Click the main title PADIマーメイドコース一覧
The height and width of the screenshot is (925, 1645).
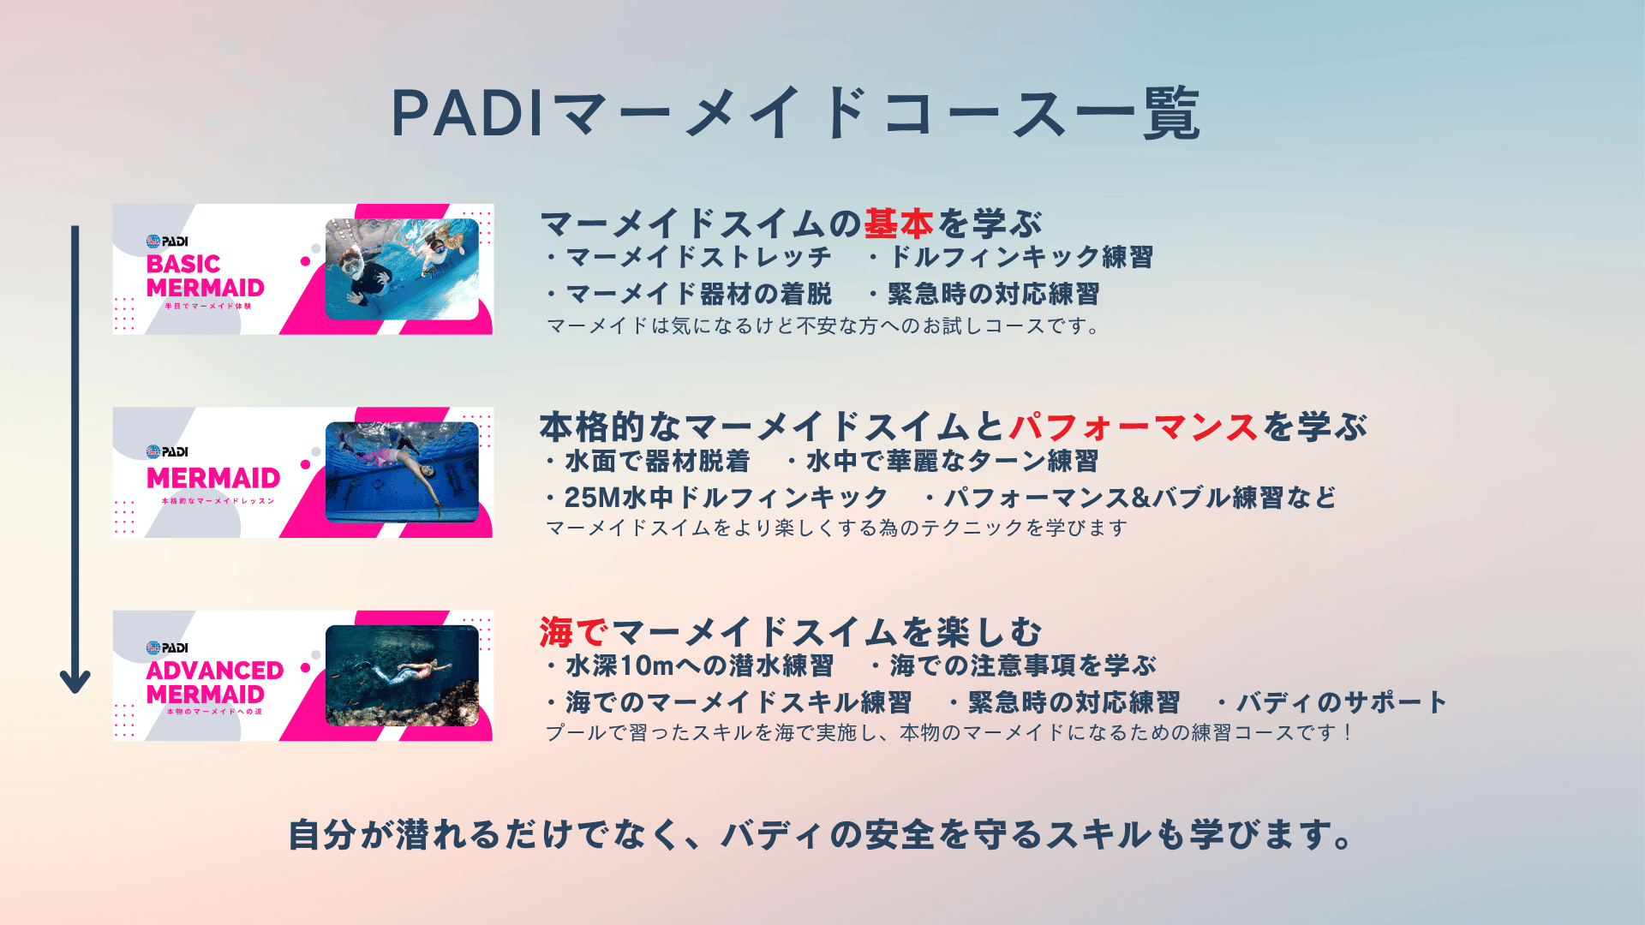pyautogui.click(x=795, y=113)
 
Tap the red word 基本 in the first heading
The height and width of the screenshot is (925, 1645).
pyautogui.click(x=898, y=224)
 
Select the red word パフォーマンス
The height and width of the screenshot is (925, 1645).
pyautogui.click(x=1133, y=427)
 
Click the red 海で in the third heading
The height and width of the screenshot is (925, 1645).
pyautogui.click(x=574, y=632)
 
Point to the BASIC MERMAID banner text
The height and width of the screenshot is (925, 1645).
pyautogui.click(x=205, y=276)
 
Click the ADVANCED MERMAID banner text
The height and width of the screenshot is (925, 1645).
pyautogui.click(x=214, y=682)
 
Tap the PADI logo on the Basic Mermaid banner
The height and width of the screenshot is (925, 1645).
pyautogui.click(x=167, y=242)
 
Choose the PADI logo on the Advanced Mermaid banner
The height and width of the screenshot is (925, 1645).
pyautogui.click(x=167, y=647)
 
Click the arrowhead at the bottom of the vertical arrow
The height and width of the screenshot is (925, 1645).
pyautogui.click(x=75, y=681)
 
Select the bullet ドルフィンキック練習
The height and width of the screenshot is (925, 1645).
pyautogui.click(x=1011, y=257)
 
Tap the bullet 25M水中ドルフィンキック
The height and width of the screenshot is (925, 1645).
pyautogui.click(x=717, y=498)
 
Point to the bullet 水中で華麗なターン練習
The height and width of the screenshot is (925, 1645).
pyautogui.click(x=942, y=461)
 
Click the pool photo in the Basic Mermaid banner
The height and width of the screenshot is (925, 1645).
pyautogui.click(x=402, y=269)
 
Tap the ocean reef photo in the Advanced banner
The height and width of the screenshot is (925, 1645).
pyautogui.click(x=402, y=676)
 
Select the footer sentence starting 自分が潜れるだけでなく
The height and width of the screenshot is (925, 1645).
pyautogui.click(x=821, y=835)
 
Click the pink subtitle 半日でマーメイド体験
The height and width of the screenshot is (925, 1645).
pyautogui.click(x=208, y=306)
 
